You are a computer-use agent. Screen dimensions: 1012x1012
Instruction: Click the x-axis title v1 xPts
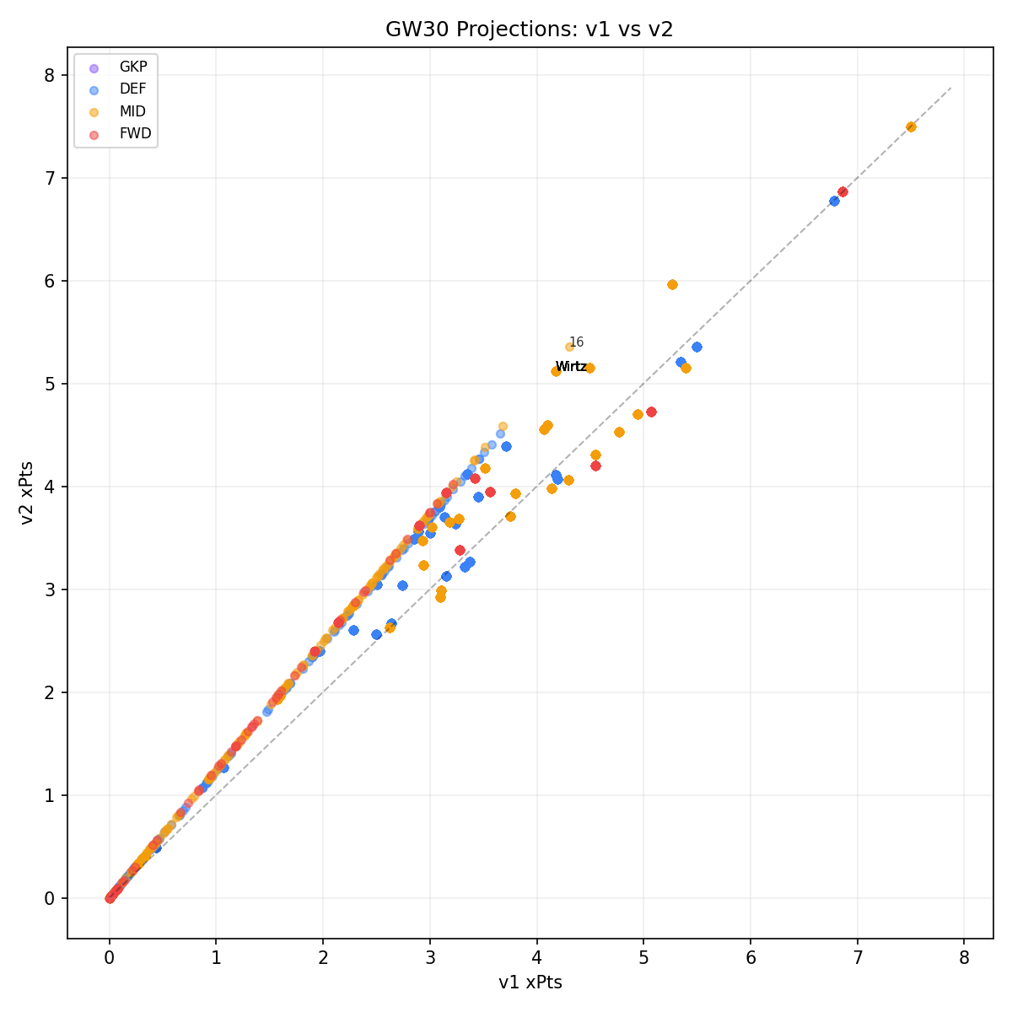(530, 982)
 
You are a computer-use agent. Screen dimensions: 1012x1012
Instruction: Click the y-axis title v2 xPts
(28, 493)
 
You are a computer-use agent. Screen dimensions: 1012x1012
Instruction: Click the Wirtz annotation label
(571, 367)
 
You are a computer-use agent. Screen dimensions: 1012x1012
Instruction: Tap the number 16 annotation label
(576, 342)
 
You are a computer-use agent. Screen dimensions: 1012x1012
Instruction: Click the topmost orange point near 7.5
(911, 126)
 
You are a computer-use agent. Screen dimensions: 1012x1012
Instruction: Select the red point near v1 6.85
(842, 192)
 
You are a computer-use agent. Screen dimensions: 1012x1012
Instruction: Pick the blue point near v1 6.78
(834, 201)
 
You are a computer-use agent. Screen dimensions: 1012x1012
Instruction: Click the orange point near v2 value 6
(672, 284)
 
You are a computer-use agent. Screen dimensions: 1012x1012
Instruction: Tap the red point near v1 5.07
(651, 412)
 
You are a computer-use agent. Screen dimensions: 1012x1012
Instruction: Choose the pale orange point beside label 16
(569, 347)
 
